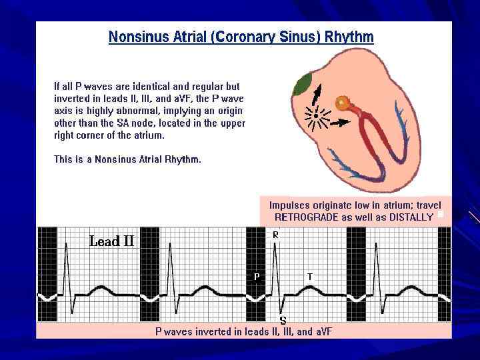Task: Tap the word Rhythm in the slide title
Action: point(349,37)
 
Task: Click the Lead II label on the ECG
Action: point(111,241)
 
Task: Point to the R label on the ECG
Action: point(275,235)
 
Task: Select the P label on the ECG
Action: point(256,276)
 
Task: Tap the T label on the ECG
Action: point(309,276)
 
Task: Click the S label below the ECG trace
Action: point(283,321)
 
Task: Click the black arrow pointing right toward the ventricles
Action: point(339,123)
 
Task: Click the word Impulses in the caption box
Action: point(291,205)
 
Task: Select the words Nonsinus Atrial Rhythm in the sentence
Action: point(146,159)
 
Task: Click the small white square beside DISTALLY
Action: point(440,215)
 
